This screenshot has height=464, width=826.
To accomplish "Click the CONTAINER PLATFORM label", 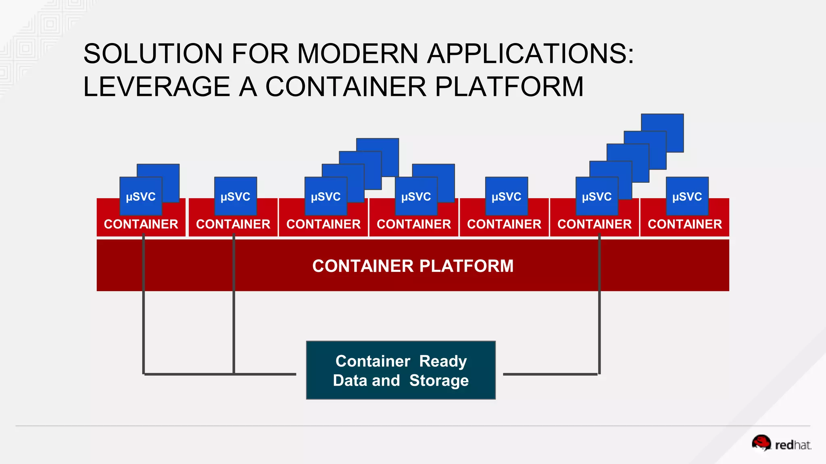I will (x=413, y=266).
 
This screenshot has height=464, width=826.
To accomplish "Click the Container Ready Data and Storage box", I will (x=400, y=370).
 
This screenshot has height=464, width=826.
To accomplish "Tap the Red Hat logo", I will (x=781, y=444).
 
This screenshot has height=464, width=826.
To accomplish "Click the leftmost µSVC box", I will (x=141, y=197).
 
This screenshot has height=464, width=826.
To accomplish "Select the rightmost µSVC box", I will (x=687, y=197).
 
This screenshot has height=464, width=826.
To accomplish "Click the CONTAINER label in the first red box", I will (x=141, y=224).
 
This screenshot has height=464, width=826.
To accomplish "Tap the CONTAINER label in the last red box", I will (x=684, y=224).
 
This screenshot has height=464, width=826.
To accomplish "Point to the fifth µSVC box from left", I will (x=506, y=197).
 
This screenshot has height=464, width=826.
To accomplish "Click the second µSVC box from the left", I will (x=235, y=197).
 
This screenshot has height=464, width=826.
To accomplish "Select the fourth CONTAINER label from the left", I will (x=413, y=224).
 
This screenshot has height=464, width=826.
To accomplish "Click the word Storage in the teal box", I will (x=439, y=381).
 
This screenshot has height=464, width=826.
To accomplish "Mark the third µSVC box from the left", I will (x=325, y=197).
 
